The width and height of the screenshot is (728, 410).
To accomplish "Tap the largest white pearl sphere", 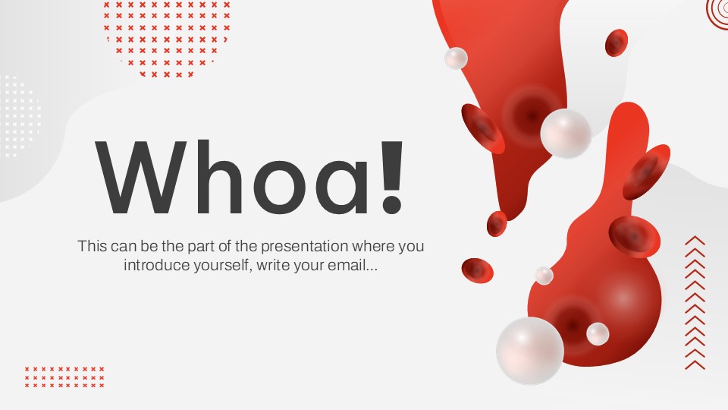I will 530,350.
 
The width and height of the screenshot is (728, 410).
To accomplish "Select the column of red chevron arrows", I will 695,303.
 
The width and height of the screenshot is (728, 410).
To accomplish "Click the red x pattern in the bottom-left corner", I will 64,377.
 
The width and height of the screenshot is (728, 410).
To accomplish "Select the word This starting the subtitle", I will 91,246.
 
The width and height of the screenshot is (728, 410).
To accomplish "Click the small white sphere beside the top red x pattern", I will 456,58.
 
